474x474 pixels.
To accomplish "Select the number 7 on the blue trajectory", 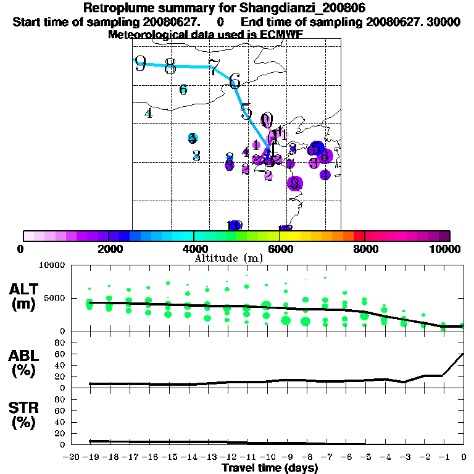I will (x=213, y=67).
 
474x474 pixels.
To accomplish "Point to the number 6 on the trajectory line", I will (x=235, y=81).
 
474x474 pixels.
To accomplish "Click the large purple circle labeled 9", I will (x=294, y=183).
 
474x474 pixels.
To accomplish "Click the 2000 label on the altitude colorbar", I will (x=109, y=249).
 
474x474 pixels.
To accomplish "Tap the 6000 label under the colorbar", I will (x=279, y=249).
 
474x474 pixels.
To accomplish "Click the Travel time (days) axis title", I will (x=270, y=468).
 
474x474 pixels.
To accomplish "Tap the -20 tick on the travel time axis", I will (x=72, y=457).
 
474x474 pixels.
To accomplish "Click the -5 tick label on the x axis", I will (x=367, y=457).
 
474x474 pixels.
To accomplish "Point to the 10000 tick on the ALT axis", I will (x=54, y=265).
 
